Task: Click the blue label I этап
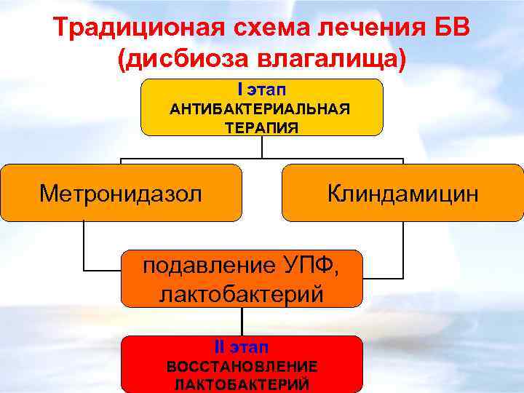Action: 261,89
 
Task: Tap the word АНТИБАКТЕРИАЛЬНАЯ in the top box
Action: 261,109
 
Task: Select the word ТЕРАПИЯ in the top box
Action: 261,127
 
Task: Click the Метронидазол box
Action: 121,193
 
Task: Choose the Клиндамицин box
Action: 402,193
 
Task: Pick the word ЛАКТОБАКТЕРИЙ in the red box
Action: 242,384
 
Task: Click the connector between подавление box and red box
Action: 242,321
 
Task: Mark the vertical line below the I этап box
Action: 262,147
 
